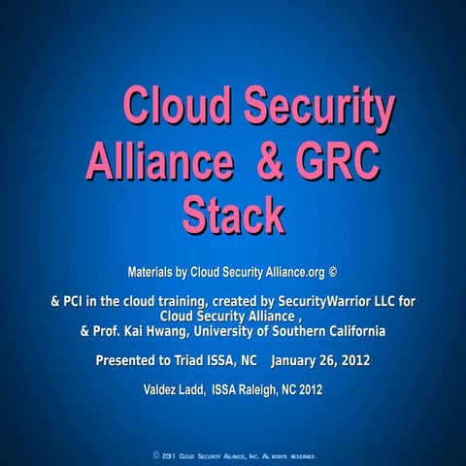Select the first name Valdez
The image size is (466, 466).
162,390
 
